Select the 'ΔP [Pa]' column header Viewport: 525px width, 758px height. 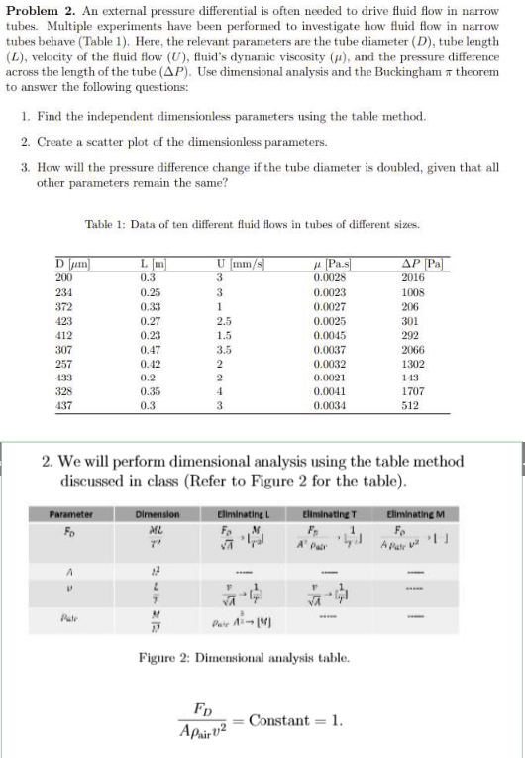(x=426, y=261)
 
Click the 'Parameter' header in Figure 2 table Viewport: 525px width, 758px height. (x=71, y=514)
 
